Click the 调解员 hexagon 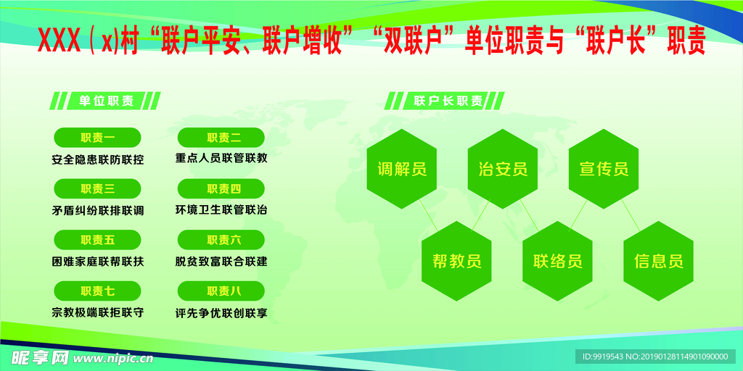point(401,170)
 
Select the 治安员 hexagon point(502,170)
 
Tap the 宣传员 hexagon point(603,170)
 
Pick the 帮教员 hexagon point(456,261)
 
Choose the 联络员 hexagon point(557,261)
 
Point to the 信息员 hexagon point(658,261)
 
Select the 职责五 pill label point(97,240)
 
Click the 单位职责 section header point(105,101)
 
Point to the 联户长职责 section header point(448,101)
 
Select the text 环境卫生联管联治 point(221,210)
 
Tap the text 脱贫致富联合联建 point(221,262)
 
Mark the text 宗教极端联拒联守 point(97,313)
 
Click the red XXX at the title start point(58,42)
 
